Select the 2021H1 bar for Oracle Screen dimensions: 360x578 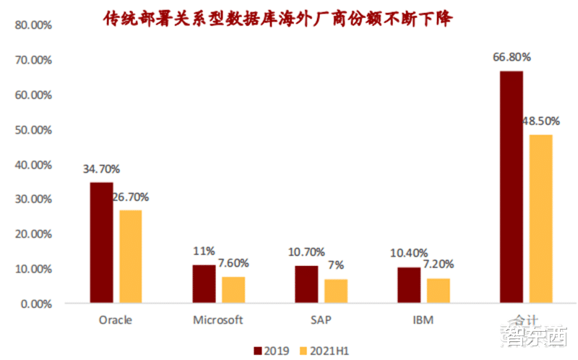131,256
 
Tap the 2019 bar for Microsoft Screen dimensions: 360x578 204,283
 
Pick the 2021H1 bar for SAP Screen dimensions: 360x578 336,291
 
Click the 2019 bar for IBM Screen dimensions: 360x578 409,285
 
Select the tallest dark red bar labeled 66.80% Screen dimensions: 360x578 512,187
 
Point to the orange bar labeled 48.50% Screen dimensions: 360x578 541,218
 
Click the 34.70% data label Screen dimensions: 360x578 101,169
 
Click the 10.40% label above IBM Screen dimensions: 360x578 409,253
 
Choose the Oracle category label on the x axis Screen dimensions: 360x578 116,320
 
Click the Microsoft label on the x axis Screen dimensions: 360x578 218,320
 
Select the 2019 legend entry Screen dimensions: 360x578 272,350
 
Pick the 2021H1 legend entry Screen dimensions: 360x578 324,350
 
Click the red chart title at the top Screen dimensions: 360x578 277,17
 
